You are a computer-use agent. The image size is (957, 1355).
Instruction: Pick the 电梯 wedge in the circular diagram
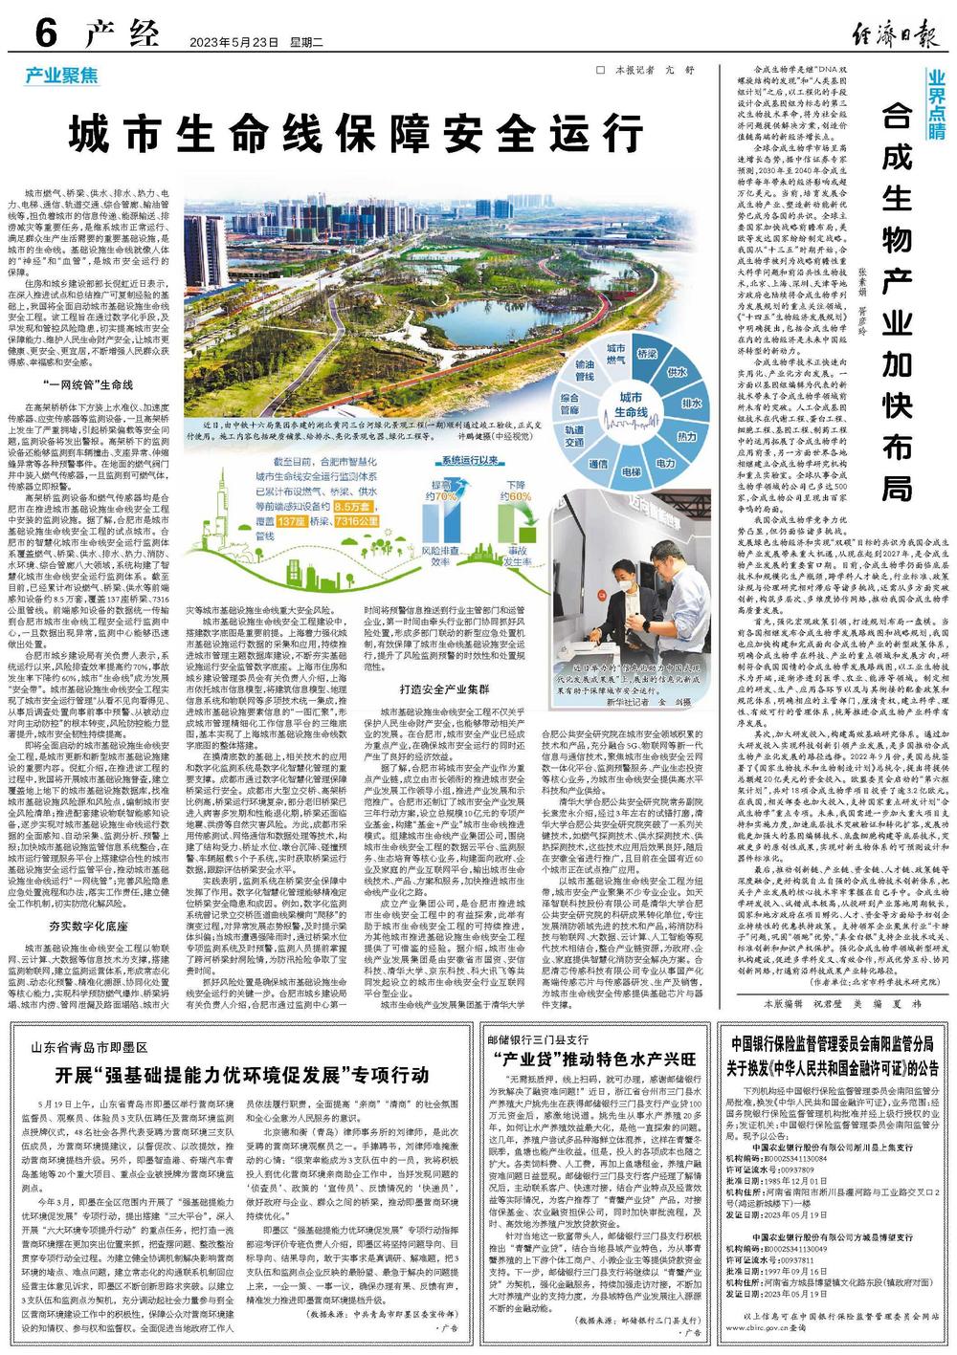[632, 472]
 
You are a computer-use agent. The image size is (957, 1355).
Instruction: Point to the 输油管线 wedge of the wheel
[584, 371]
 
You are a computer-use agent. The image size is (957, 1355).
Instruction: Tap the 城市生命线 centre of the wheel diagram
[632, 404]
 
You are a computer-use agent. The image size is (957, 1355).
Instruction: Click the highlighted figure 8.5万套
[353, 506]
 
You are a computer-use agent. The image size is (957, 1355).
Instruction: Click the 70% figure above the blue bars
[445, 496]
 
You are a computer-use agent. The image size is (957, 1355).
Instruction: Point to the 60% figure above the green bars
[518, 496]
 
